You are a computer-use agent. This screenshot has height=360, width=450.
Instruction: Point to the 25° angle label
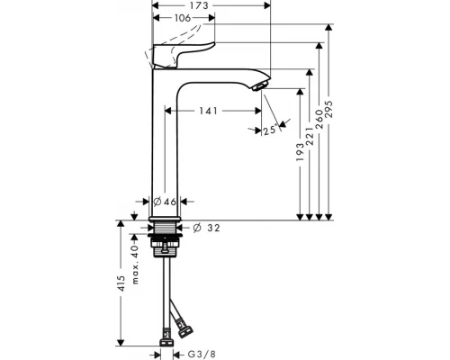click(x=268, y=130)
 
